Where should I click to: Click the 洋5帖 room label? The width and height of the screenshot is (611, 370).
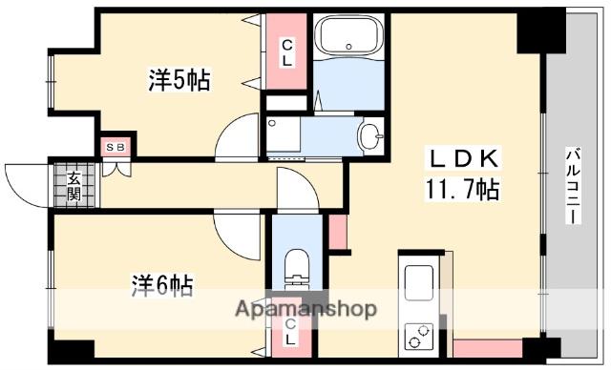179,79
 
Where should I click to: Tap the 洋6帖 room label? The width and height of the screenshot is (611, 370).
161,283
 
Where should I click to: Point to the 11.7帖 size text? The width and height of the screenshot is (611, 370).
462,188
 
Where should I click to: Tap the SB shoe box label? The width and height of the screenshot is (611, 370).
116,147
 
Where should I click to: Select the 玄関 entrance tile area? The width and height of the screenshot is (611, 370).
74,185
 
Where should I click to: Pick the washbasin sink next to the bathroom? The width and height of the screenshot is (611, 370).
369,136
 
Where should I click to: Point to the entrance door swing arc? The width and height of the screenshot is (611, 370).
26,181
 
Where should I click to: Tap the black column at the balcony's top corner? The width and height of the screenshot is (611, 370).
540,30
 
